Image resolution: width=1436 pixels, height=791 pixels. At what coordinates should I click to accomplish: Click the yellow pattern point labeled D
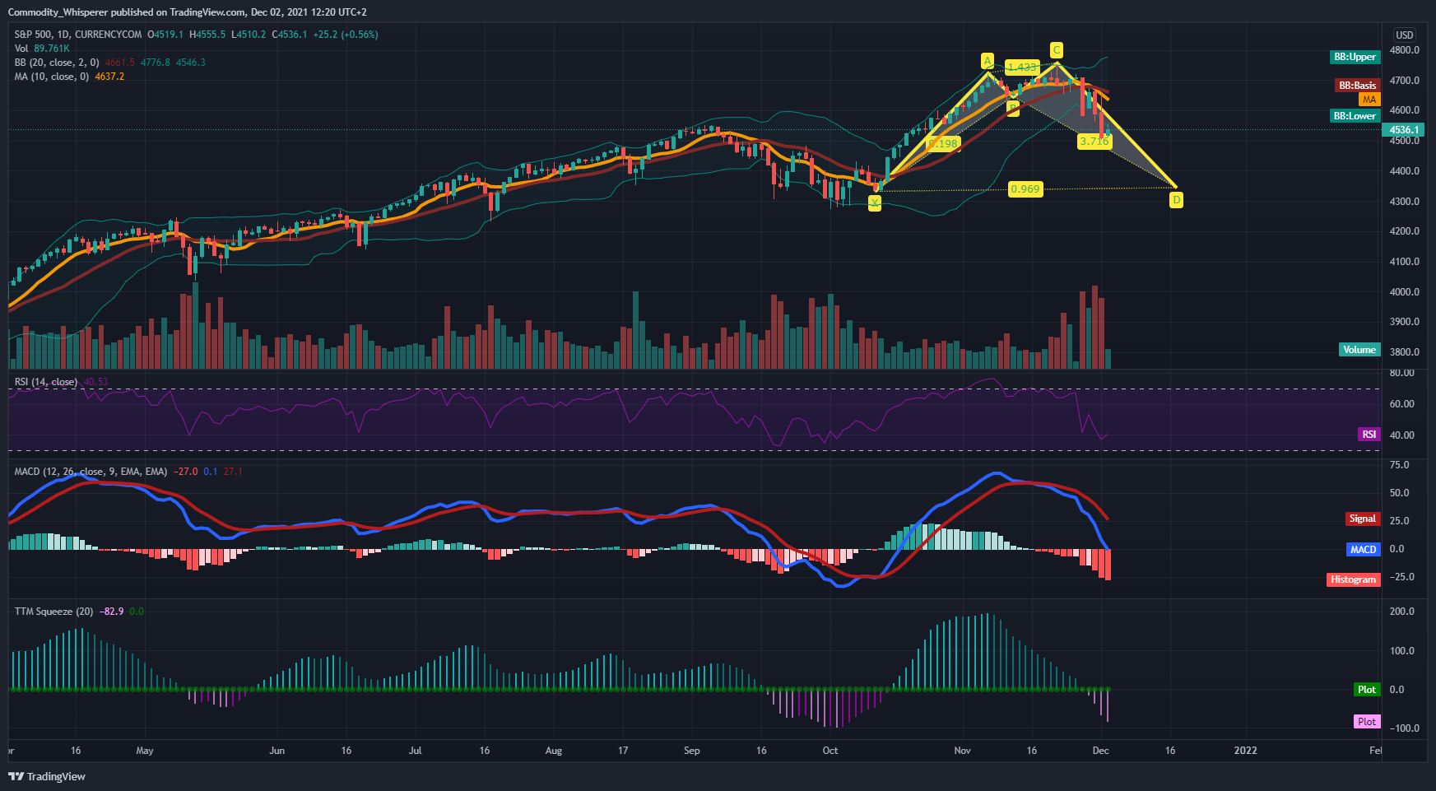click(x=1177, y=200)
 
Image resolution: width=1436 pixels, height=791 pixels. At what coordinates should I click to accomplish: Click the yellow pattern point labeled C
click(x=1057, y=50)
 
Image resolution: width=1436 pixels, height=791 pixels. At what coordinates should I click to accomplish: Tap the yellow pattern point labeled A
click(x=988, y=61)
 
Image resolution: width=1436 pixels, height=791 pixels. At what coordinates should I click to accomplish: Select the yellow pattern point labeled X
click(x=875, y=203)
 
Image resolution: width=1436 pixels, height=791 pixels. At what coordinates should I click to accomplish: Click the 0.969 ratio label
click(x=1025, y=189)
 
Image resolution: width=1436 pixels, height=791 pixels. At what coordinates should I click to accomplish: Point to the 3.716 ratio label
click(x=1094, y=142)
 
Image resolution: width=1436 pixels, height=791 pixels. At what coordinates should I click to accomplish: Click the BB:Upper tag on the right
click(x=1355, y=57)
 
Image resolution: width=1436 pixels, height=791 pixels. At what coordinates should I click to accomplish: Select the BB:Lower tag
click(x=1355, y=116)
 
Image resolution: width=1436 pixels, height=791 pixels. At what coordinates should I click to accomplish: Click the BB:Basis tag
click(x=1356, y=86)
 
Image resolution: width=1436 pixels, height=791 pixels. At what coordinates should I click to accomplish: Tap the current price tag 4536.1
click(x=1403, y=130)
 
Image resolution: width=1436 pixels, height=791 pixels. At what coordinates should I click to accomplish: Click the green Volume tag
click(x=1359, y=350)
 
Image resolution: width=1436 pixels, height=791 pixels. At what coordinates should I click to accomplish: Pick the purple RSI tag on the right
click(x=1369, y=435)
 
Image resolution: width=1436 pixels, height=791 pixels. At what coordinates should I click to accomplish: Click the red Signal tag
click(x=1362, y=519)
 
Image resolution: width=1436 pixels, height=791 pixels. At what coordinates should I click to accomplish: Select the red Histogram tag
click(x=1353, y=579)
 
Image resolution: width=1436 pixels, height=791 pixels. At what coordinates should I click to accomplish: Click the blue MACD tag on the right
click(x=1363, y=549)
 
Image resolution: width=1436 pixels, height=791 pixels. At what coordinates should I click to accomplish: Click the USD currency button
click(x=1404, y=35)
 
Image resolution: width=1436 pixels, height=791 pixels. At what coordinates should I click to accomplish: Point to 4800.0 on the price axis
click(x=1404, y=50)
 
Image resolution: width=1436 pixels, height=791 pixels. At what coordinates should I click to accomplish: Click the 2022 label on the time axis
click(x=1245, y=751)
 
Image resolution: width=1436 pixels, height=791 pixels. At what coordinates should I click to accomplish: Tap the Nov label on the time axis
click(x=962, y=751)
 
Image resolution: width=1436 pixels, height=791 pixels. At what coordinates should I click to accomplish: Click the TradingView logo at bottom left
click(x=47, y=776)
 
